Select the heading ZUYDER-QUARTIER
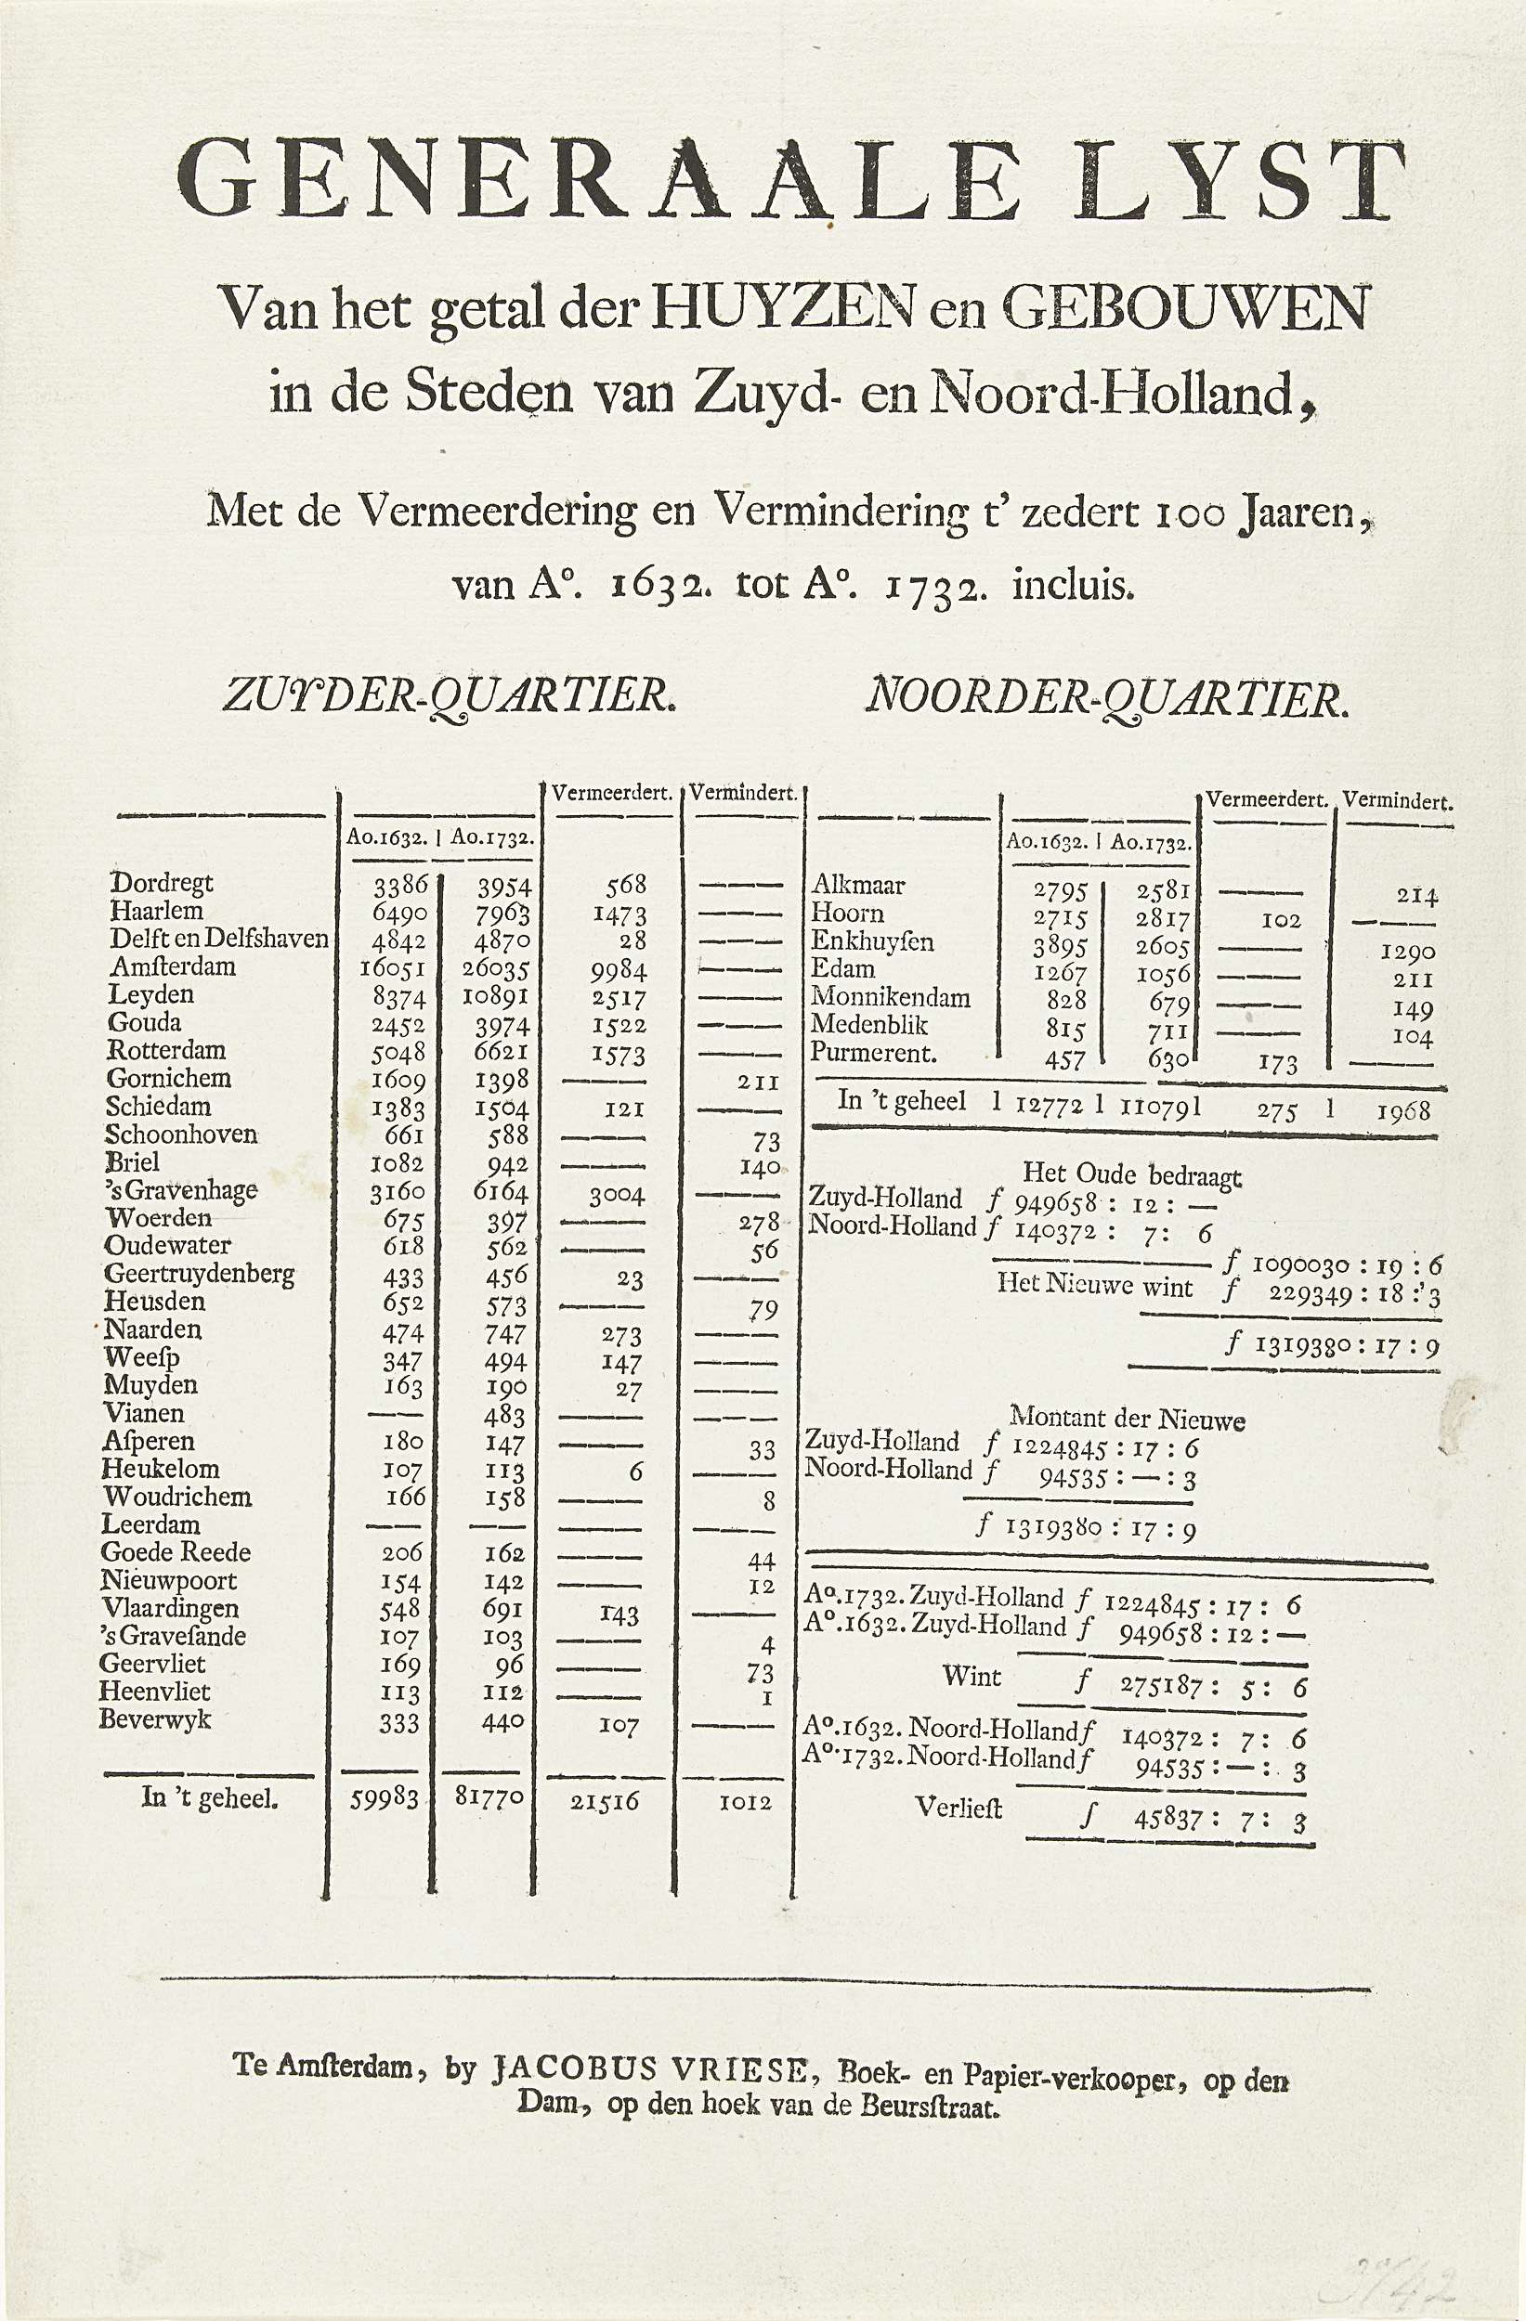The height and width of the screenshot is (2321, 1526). pyautogui.click(x=448, y=697)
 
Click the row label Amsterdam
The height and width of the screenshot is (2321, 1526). pyautogui.click(x=173, y=966)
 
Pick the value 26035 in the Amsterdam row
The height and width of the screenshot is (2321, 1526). pyautogui.click(x=498, y=971)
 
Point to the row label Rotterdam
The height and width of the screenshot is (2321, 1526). pyautogui.click(x=166, y=1050)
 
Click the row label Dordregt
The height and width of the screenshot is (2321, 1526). pyautogui.click(x=161, y=883)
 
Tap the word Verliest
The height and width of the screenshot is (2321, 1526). pyautogui.click(x=959, y=1807)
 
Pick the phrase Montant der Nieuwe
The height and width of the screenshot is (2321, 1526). pyautogui.click(x=1126, y=1418)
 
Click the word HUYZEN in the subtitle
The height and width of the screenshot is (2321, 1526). pyautogui.click(x=786, y=309)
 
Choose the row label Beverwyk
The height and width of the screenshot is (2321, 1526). pyautogui.click(x=155, y=1718)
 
